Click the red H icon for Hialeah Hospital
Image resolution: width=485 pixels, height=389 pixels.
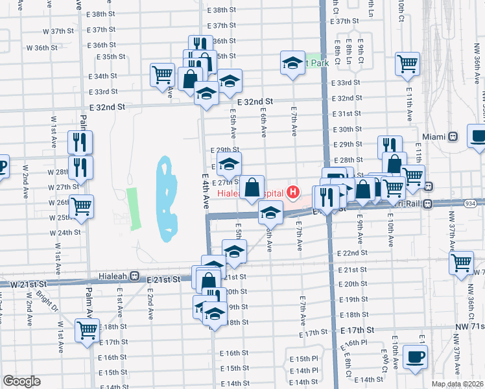(294, 193)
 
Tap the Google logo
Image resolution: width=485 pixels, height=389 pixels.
(21, 381)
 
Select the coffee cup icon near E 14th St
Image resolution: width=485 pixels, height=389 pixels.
(414, 357)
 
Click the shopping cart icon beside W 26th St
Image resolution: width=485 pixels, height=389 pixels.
(81, 207)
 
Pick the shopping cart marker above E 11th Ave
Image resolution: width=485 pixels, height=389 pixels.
(407, 64)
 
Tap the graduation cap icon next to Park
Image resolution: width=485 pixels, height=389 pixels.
(292, 63)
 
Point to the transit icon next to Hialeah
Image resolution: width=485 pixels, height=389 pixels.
(134, 276)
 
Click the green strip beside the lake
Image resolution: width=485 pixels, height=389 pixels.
(134, 208)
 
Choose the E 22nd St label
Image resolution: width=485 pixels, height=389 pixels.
(353, 253)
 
